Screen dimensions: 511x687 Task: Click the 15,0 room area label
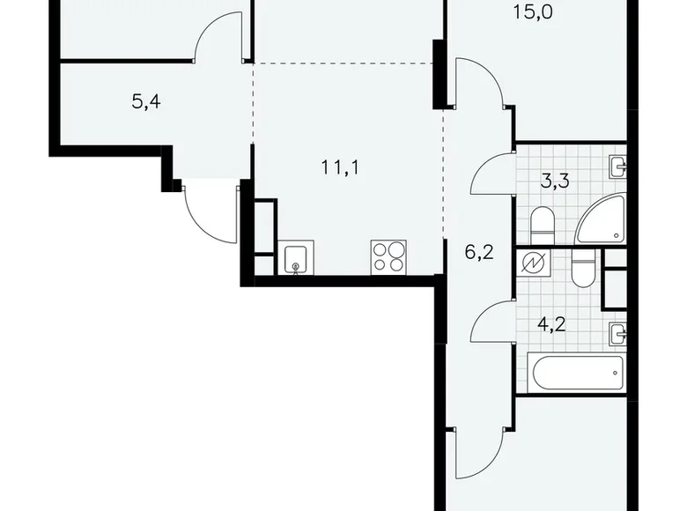click(x=532, y=12)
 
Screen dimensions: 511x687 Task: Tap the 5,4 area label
click(x=146, y=101)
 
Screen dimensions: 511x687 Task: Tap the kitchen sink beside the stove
click(x=295, y=259)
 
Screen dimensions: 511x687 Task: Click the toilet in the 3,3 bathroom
click(x=543, y=226)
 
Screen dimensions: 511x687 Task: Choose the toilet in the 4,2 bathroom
click(x=583, y=270)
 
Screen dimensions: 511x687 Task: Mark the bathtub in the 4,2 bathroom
click(x=575, y=373)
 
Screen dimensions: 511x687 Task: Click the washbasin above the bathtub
click(x=617, y=332)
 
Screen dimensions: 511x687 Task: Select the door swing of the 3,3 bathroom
click(x=492, y=173)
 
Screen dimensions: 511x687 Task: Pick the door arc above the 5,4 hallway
click(x=218, y=37)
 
